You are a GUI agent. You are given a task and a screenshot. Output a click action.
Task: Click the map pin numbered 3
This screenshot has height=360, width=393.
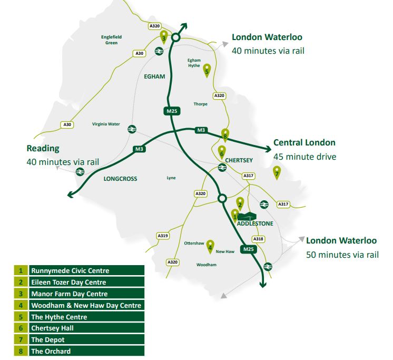coord(164,37)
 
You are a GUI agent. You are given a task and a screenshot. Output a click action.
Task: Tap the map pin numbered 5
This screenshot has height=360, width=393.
coord(207,69)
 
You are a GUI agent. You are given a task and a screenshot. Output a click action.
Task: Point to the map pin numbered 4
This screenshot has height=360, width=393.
coord(210,245)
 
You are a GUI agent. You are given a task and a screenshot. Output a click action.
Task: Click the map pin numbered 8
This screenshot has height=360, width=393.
coord(225,135)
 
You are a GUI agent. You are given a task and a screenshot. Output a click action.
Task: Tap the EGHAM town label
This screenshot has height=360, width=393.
coord(154,76)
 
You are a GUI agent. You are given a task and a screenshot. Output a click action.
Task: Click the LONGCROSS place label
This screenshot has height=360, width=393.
coord(120,179)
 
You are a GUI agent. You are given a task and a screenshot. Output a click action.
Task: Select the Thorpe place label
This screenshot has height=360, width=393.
coord(200,104)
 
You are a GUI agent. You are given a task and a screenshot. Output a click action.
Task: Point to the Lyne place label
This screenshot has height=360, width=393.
coord(171,178)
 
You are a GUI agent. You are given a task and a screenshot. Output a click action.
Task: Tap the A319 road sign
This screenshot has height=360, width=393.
coord(163,236)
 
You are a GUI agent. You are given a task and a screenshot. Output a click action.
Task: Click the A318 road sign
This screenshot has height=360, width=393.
coord(259,239)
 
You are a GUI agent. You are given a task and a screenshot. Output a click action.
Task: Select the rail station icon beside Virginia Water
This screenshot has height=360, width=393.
coord(131,128)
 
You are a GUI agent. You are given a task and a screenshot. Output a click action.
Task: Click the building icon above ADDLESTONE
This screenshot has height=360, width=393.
coord(247,216)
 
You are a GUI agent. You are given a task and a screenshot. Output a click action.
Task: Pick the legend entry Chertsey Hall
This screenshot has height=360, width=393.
coord(52,328)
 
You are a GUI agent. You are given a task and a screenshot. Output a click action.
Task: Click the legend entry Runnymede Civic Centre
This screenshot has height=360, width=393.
coord(70,270)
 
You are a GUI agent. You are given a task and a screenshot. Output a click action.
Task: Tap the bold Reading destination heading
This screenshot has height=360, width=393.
coord(43,149)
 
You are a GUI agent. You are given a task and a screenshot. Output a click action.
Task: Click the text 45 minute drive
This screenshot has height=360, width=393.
coord(304,157)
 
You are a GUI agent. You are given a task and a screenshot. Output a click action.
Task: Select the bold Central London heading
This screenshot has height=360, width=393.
coord(304,143)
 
